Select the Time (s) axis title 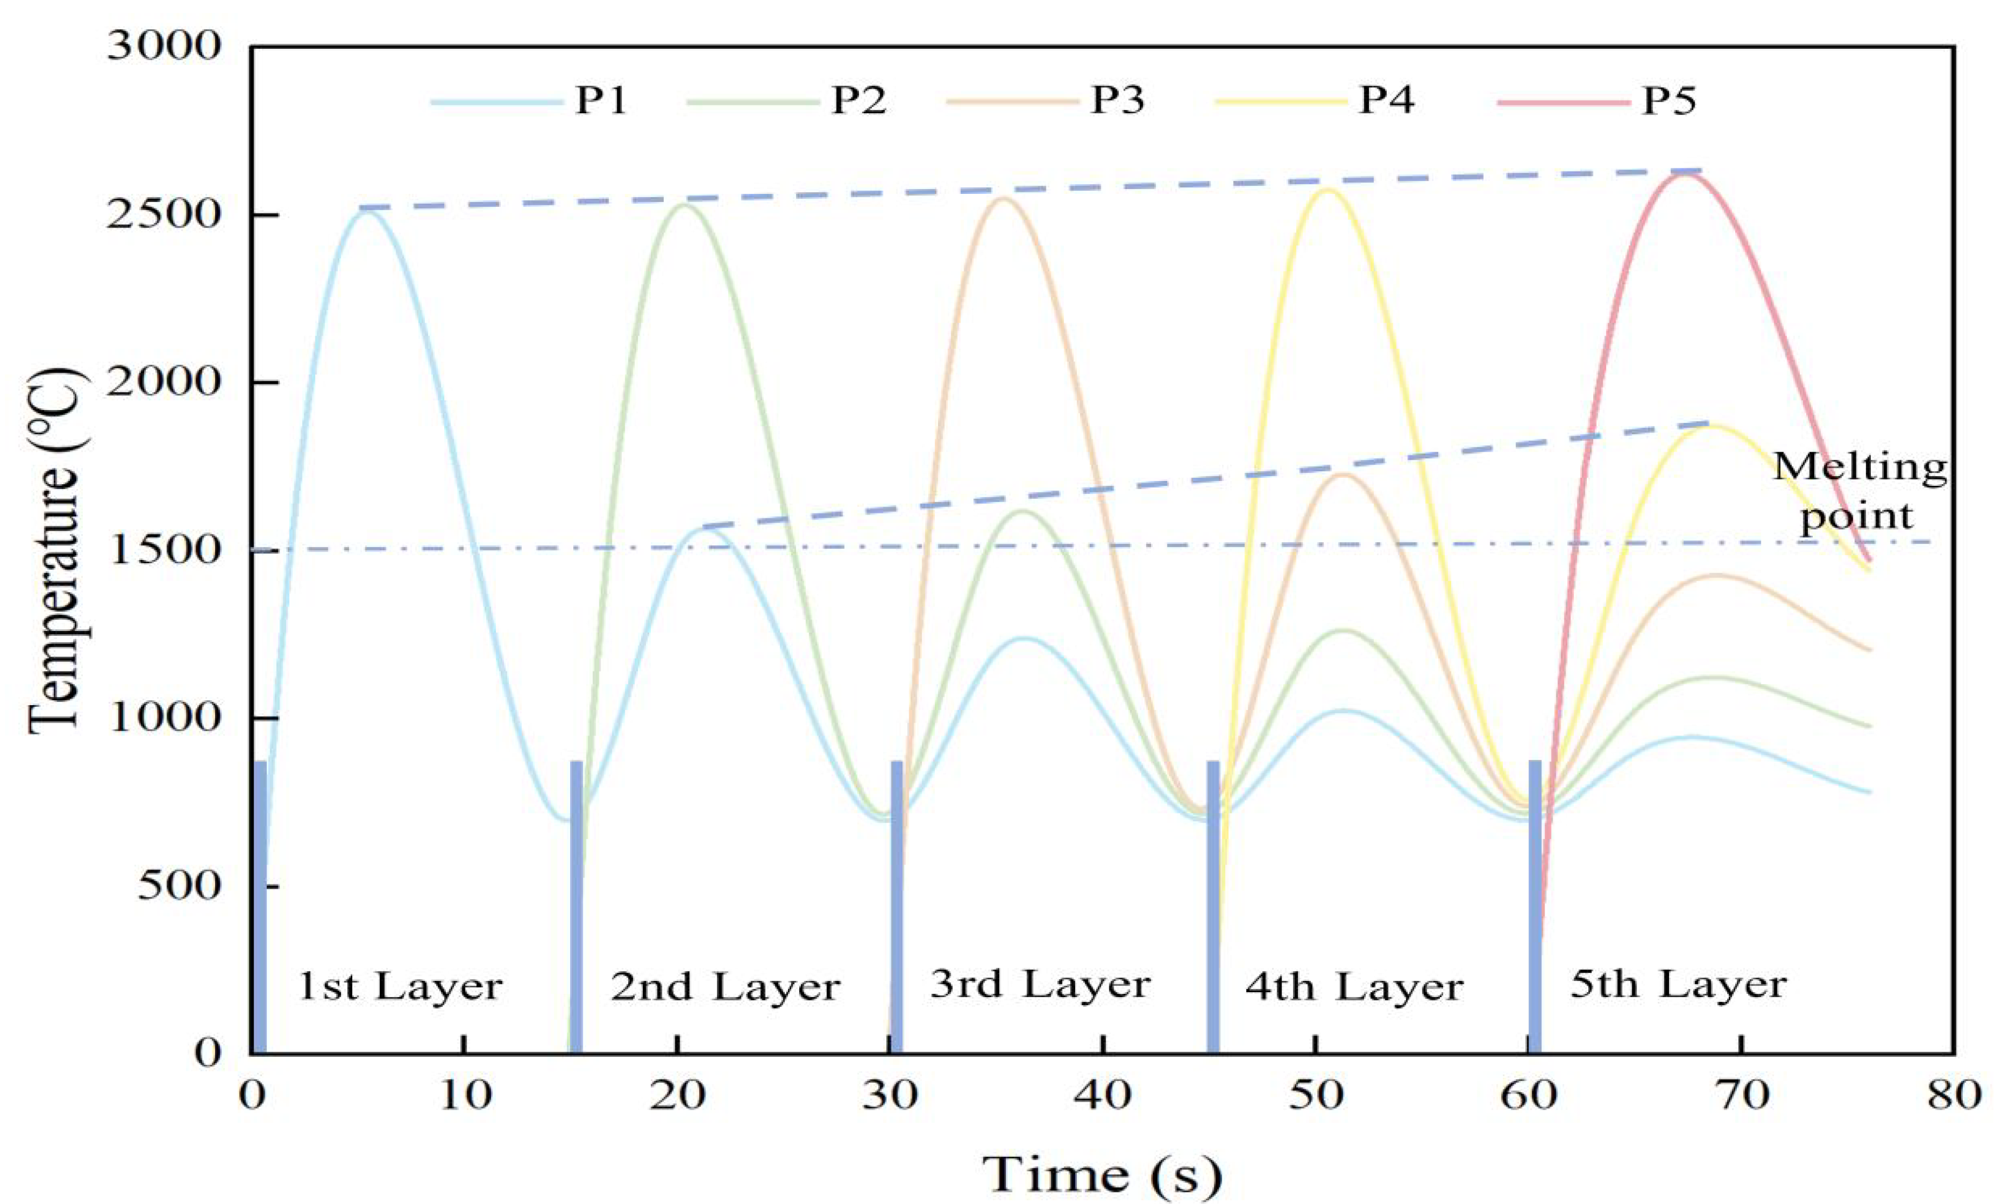1102,1173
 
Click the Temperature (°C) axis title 55,552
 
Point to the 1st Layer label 401,987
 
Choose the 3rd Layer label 1040,984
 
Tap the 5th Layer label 1678,984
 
